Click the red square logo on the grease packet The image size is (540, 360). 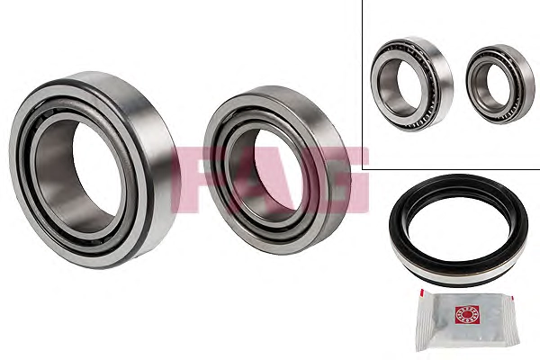point(467,314)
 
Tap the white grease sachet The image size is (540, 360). point(466,320)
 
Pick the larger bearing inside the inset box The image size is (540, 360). point(411,84)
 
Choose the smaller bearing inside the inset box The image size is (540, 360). point(500,84)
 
